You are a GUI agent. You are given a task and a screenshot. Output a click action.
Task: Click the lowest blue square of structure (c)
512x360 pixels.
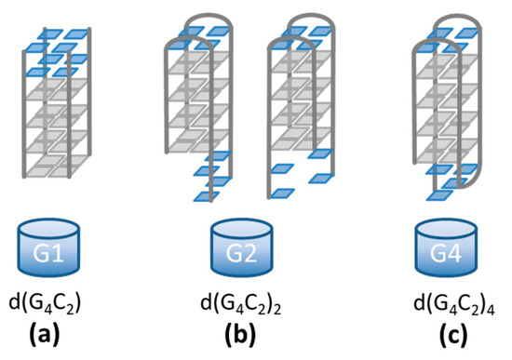coord(438,195)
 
